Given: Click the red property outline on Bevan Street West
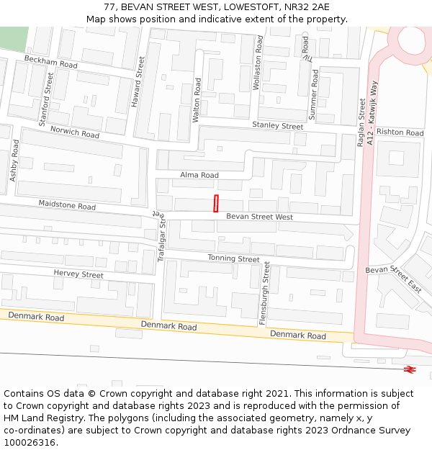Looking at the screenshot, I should pyautogui.click(x=216, y=204).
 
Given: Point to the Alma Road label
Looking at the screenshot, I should pyautogui.click(x=199, y=175).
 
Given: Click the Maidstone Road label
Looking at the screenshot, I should pyautogui.click(x=67, y=206).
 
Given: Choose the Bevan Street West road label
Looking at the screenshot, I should pyautogui.click(x=259, y=217).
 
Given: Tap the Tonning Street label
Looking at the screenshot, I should pyautogui.click(x=233, y=258).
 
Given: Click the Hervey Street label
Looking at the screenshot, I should pyautogui.click(x=78, y=274).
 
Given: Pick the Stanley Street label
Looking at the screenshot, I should pyautogui.click(x=277, y=126).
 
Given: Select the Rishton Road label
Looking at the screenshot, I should pyautogui.click(x=400, y=132).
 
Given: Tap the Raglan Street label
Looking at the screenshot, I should pyautogui.click(x=361, y=122).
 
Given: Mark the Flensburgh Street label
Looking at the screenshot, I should pyautogui.click(x=265, y=293).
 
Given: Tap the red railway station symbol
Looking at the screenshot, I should pyautogui.click(x=410, y=369).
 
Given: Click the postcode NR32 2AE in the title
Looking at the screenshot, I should pyautogui.click(x=306, y=7).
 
